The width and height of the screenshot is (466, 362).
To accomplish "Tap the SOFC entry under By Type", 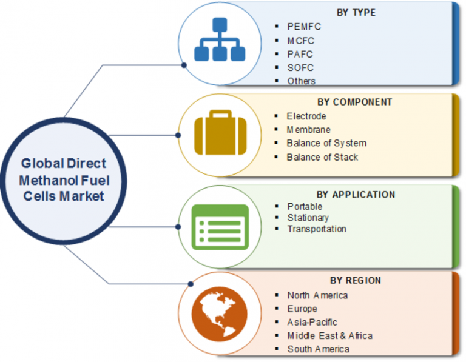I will click(301, 67).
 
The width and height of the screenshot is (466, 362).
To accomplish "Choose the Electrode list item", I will click(306, 116).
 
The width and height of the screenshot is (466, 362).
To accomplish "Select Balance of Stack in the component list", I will click(322, 157).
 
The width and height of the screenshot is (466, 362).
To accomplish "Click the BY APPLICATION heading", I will click(356, 195).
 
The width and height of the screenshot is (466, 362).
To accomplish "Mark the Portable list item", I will click(305, 206).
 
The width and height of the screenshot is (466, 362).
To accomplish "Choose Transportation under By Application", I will click(317, 229).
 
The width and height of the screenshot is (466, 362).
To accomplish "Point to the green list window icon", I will click(220, 227).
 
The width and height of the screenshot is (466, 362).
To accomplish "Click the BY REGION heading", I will click(356, 280).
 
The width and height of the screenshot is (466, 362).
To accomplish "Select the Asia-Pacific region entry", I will click(312, 322).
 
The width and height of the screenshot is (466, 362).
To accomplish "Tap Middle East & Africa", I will click(329, 335).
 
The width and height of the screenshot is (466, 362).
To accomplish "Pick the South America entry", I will click(318, 349).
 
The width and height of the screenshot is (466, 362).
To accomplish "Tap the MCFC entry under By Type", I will click(301, 41).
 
